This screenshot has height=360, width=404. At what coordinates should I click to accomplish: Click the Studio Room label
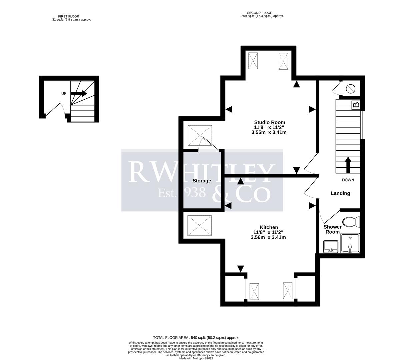pos(269,122)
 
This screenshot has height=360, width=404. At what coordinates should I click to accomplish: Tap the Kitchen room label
pos(269,227)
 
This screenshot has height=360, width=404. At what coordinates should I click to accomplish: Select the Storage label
pos(202,181)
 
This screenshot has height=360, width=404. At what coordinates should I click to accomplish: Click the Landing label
pos(340,193)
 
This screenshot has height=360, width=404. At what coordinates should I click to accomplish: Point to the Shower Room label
pos(332,229)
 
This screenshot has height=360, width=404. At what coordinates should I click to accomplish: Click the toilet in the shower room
pos(351,222)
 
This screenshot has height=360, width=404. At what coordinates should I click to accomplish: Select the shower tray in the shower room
pos(350,243)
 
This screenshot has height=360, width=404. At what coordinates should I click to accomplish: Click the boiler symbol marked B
pos(356,105)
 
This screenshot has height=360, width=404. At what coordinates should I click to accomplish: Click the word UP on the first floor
pos(64,94)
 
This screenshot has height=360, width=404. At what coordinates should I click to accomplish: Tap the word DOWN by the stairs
pos(348,180)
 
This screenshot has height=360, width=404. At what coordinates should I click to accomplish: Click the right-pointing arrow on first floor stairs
pos(79,94)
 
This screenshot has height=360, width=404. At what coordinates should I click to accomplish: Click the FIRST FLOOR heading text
pos(69,16)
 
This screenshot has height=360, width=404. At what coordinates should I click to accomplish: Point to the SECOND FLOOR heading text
pos(259,13)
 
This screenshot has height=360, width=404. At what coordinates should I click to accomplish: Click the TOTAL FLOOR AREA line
pos(196,338)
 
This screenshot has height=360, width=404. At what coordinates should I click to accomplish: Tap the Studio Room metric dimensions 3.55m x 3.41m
pos(269,132)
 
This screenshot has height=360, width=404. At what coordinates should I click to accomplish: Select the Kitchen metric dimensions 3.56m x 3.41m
pos(268,238)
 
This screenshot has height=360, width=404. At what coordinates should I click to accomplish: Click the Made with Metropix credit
pos(196,358)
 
